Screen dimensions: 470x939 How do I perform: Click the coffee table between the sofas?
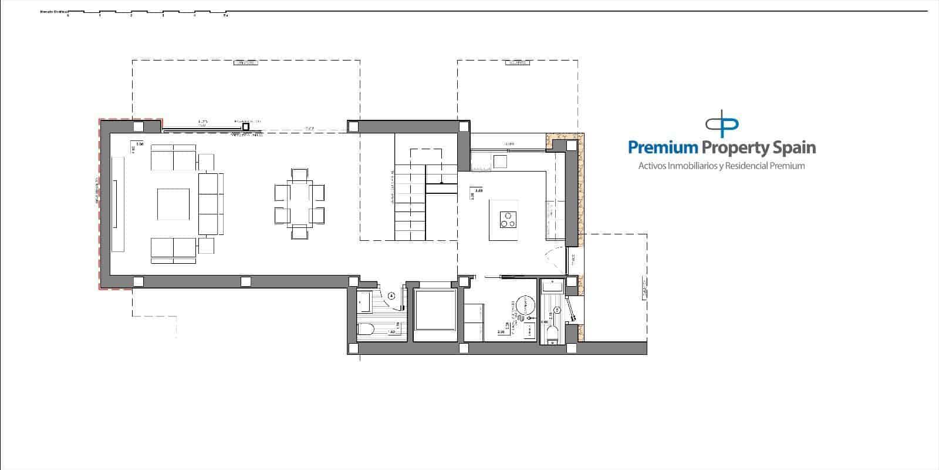point(173,204)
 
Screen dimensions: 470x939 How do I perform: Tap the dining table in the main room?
point(300,203)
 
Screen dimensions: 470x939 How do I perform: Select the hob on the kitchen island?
point(508,219)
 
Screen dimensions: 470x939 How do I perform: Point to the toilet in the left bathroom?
point(366,331)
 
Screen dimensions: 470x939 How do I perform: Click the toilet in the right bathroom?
point(552,334)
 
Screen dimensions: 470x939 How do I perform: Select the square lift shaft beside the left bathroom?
point(435,310)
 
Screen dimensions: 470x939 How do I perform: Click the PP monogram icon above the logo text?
point(722,124)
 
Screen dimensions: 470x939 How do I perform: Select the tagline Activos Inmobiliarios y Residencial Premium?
point(721,166)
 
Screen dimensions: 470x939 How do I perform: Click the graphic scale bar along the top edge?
point(147,12)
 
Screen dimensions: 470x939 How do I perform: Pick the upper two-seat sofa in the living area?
point(174,157)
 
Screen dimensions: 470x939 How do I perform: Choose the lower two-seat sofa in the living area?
point(174,249)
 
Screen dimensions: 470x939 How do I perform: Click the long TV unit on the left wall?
point(118,204)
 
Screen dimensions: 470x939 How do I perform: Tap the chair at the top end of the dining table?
point(300,174)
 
